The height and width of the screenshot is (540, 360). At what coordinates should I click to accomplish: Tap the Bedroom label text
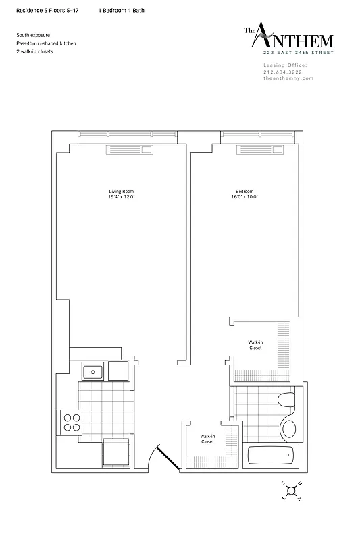pos(245,192)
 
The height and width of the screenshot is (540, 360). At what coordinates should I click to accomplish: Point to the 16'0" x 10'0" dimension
pos(245,197)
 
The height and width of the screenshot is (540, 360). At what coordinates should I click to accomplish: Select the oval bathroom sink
pos(290,427)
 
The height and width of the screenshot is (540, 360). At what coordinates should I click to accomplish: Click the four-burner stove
pos(72,422)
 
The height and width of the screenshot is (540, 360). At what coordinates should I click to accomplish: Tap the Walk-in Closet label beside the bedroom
pos(255,346)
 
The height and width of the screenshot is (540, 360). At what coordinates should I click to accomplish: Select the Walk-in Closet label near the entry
pos(207,439)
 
